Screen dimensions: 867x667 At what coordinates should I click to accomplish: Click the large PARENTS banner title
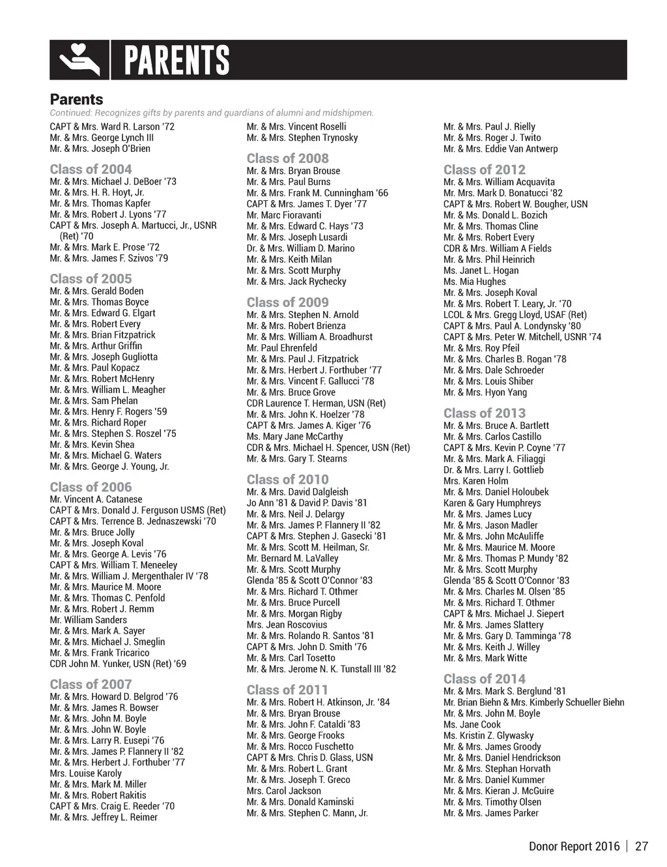click(177, 61)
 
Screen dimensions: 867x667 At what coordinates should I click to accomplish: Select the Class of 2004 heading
click(91, 169)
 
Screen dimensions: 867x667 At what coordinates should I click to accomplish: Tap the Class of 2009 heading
click(287, 302)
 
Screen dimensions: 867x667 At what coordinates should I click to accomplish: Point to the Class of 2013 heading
click(484, 413)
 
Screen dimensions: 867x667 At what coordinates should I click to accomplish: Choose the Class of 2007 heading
click(91, 684)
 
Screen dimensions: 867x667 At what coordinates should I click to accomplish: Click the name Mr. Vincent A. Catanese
click(96, 499)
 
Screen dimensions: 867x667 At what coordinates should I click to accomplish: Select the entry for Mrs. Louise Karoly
click(85, 774)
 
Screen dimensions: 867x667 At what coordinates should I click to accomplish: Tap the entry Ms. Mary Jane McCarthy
click(294, 437)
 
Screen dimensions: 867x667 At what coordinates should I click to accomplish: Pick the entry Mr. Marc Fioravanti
click(283, 215)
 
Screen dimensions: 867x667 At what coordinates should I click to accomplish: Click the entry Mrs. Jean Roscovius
click(287, 625)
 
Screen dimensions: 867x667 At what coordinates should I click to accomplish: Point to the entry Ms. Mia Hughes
click(474, 282)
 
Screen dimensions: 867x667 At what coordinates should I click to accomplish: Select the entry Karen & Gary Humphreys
click(492, 503)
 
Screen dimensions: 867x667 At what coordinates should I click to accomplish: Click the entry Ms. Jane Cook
click(472, 724)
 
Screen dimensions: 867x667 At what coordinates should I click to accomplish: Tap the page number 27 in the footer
click(642, 846)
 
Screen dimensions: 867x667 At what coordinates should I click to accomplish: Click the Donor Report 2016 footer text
click(574, 846)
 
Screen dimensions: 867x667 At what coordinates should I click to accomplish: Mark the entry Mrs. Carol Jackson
click(283, 791)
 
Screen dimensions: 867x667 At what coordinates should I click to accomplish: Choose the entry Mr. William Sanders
click(88, 620)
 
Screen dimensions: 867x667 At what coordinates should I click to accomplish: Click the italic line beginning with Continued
click(212, 113)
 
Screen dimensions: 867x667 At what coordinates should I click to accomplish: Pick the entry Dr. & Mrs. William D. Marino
click(300, 248)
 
